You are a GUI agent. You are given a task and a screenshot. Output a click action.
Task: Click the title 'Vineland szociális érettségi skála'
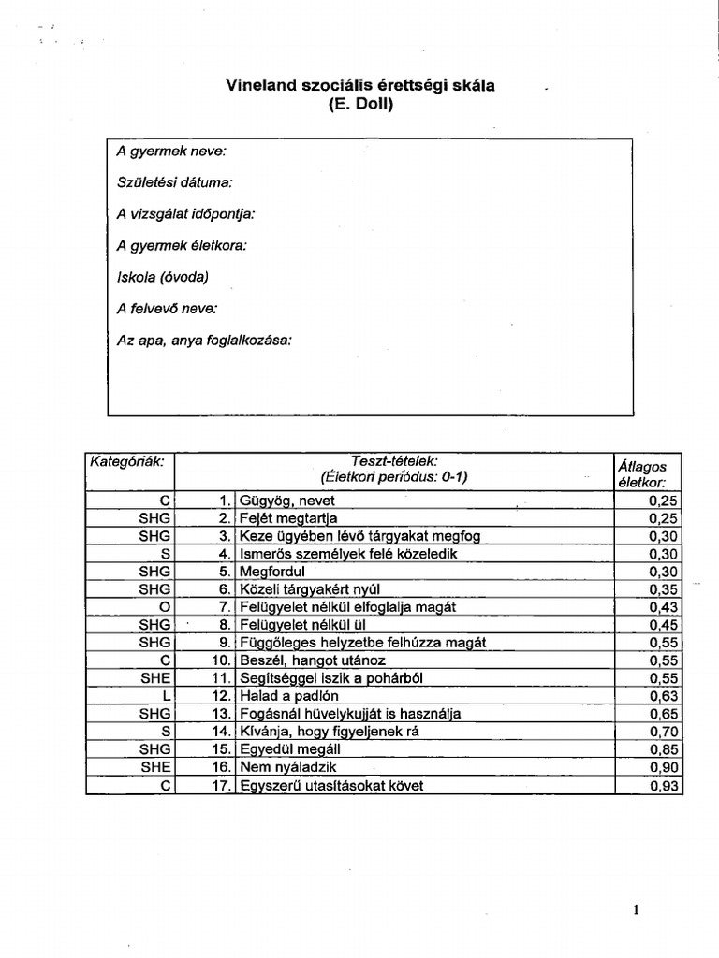click(x=360, y=86)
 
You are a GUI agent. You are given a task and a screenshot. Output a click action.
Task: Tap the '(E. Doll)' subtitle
click(x=360, y=105)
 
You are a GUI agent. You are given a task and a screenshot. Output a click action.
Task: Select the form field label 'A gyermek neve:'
click(x=171, y=150)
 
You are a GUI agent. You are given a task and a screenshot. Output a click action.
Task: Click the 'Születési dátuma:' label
click(x=175, y=181)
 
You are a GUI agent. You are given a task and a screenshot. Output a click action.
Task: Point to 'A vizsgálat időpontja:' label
click(x=185, y=213)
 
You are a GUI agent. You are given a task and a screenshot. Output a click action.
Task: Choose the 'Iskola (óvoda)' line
click(x=162, y=277)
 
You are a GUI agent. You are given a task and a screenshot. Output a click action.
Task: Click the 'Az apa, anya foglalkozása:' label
click(x=204, y=341)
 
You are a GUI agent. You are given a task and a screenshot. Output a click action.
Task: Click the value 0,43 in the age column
click(x=663, y=607)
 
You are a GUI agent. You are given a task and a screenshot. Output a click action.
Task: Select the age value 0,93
click(x=663, y=786)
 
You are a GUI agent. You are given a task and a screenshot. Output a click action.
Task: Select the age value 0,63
click(x=663, y=696)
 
